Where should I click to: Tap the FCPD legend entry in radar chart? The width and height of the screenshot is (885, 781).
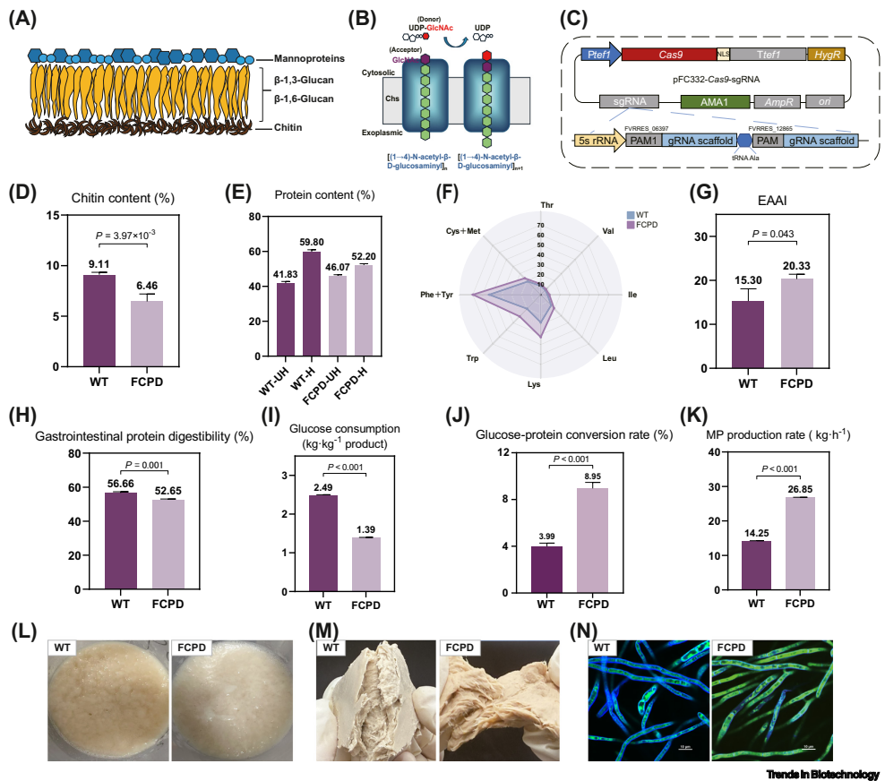tap(643, 225)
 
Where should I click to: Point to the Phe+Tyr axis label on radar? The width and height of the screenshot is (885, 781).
tap(441, 294)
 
